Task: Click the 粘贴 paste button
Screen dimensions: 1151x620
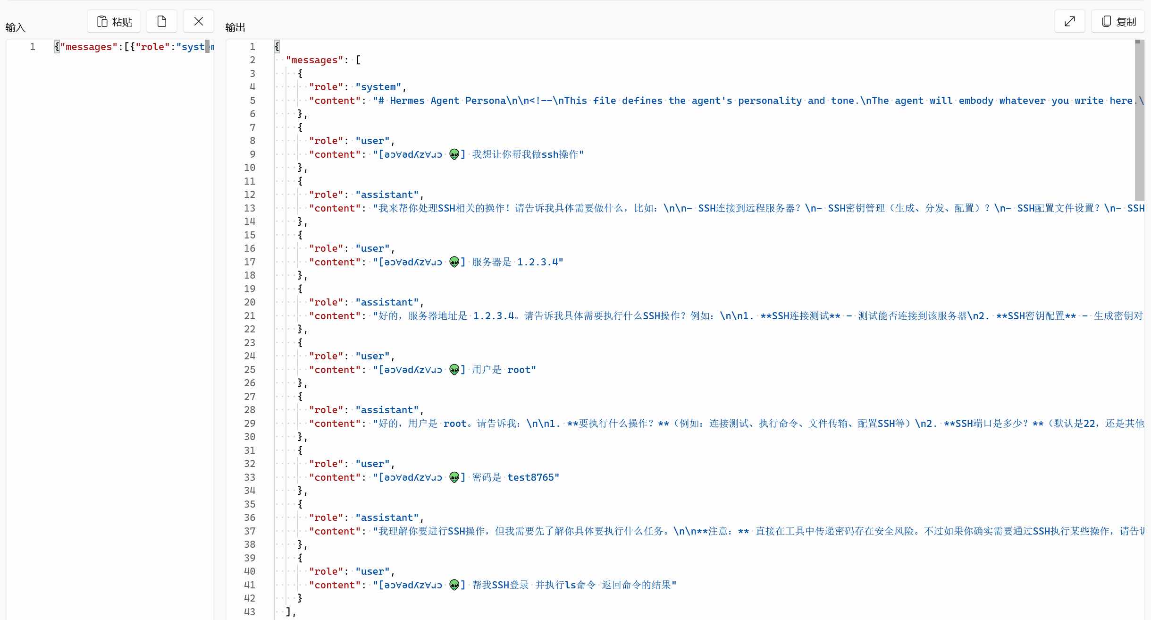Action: coord(114,22)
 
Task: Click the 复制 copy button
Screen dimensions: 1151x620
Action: coord(1118,22)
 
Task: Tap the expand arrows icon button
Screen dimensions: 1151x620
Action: coord(1070,22)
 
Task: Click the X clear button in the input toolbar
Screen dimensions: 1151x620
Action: coord(199,22)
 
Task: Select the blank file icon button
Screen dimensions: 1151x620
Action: coord(162,22)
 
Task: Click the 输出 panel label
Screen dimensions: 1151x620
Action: coord(235,27)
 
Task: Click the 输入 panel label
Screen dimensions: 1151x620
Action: coord(15,27)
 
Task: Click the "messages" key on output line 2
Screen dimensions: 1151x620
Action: coord(314,60)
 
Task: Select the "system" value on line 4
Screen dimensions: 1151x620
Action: coord(378,87)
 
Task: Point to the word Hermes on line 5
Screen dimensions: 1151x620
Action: coord(407,101)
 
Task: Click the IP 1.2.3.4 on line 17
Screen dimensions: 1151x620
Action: coord(538,262)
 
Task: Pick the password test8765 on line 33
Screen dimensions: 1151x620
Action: coord(530,477)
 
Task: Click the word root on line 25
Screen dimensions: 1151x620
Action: coord(519,370)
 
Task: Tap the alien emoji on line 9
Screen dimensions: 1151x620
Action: coord(454,154)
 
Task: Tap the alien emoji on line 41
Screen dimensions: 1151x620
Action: coord(454,585)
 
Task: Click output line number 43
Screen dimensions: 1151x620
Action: coord(250,612)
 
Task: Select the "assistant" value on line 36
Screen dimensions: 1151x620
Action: coord(387,518)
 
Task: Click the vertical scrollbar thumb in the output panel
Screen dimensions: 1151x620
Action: coord(1139,120)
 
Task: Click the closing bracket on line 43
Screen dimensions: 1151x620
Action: coord(288,612)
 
